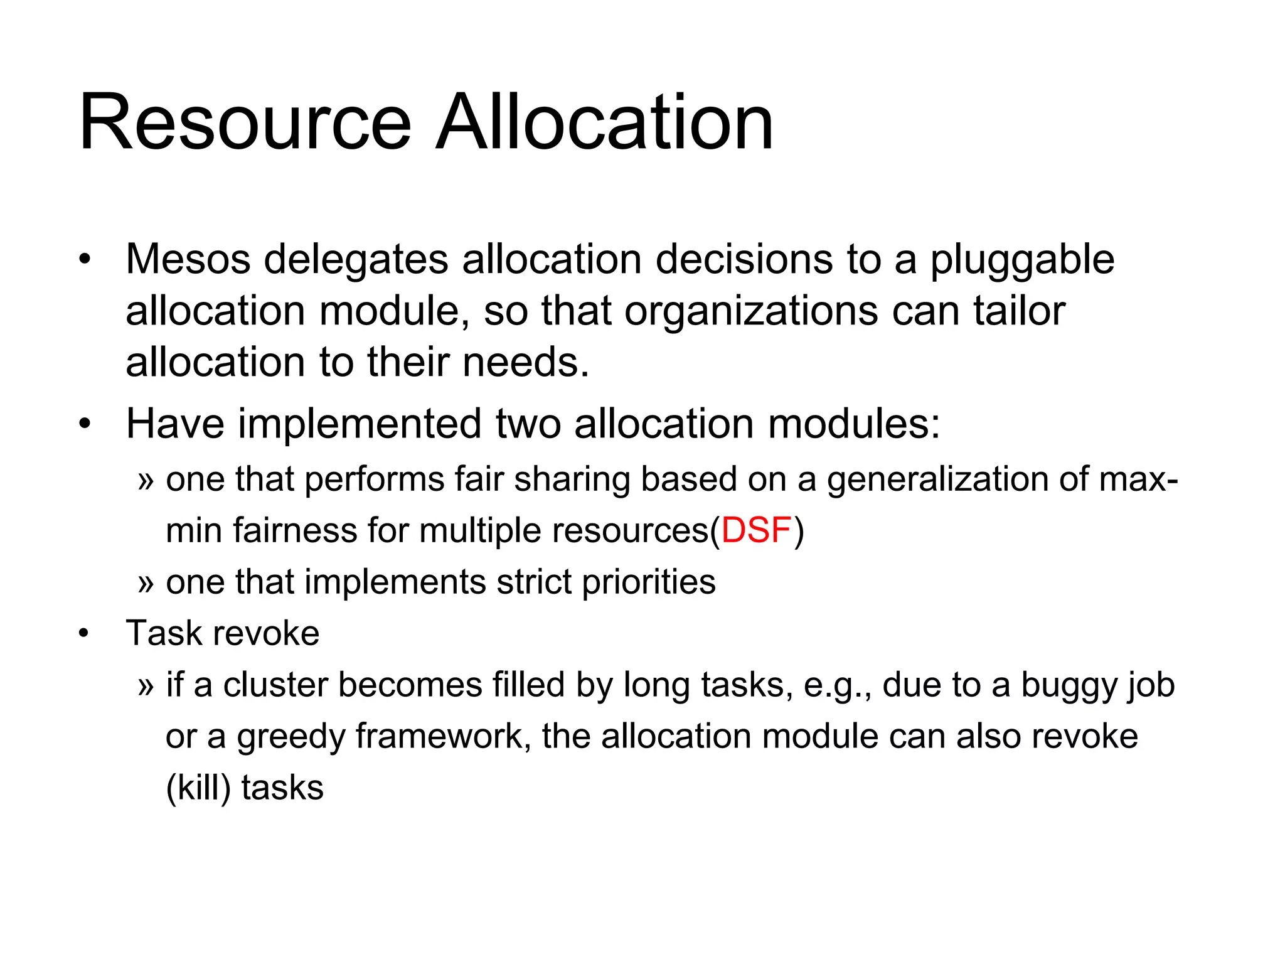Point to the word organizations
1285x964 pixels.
[x=751, y=312]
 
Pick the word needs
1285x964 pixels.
[x=526, y=363]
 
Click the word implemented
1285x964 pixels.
[x=360, y=424]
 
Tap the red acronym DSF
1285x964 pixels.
[x=756, y=530]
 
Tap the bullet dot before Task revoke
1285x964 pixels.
[x=85, y=634]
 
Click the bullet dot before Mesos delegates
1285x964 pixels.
[x=85, y=260]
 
